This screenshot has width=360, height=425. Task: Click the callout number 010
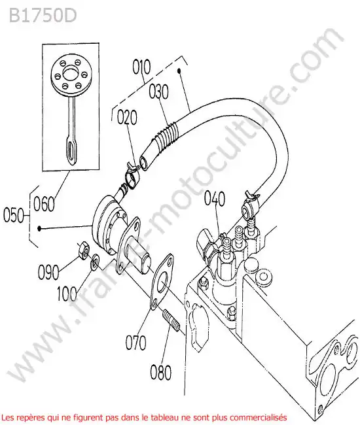coord(141,67)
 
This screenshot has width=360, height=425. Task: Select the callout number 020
coord(127,117)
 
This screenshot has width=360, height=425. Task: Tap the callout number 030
coord(158,92)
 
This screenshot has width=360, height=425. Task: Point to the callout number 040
coord(215,198)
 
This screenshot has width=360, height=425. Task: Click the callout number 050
coord(14,216)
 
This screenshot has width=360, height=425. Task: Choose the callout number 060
coord(44,204)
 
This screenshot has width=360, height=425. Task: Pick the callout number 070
coord(135,343)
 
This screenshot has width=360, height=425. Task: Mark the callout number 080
coord(161,372)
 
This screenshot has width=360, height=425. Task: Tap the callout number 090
coord(48,272)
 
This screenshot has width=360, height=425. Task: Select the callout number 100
coord(67,294)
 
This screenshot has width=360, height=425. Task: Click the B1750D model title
coord(43,16)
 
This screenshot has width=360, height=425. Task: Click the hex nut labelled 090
coord(83,251)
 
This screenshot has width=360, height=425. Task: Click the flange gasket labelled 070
coord(162,281)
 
